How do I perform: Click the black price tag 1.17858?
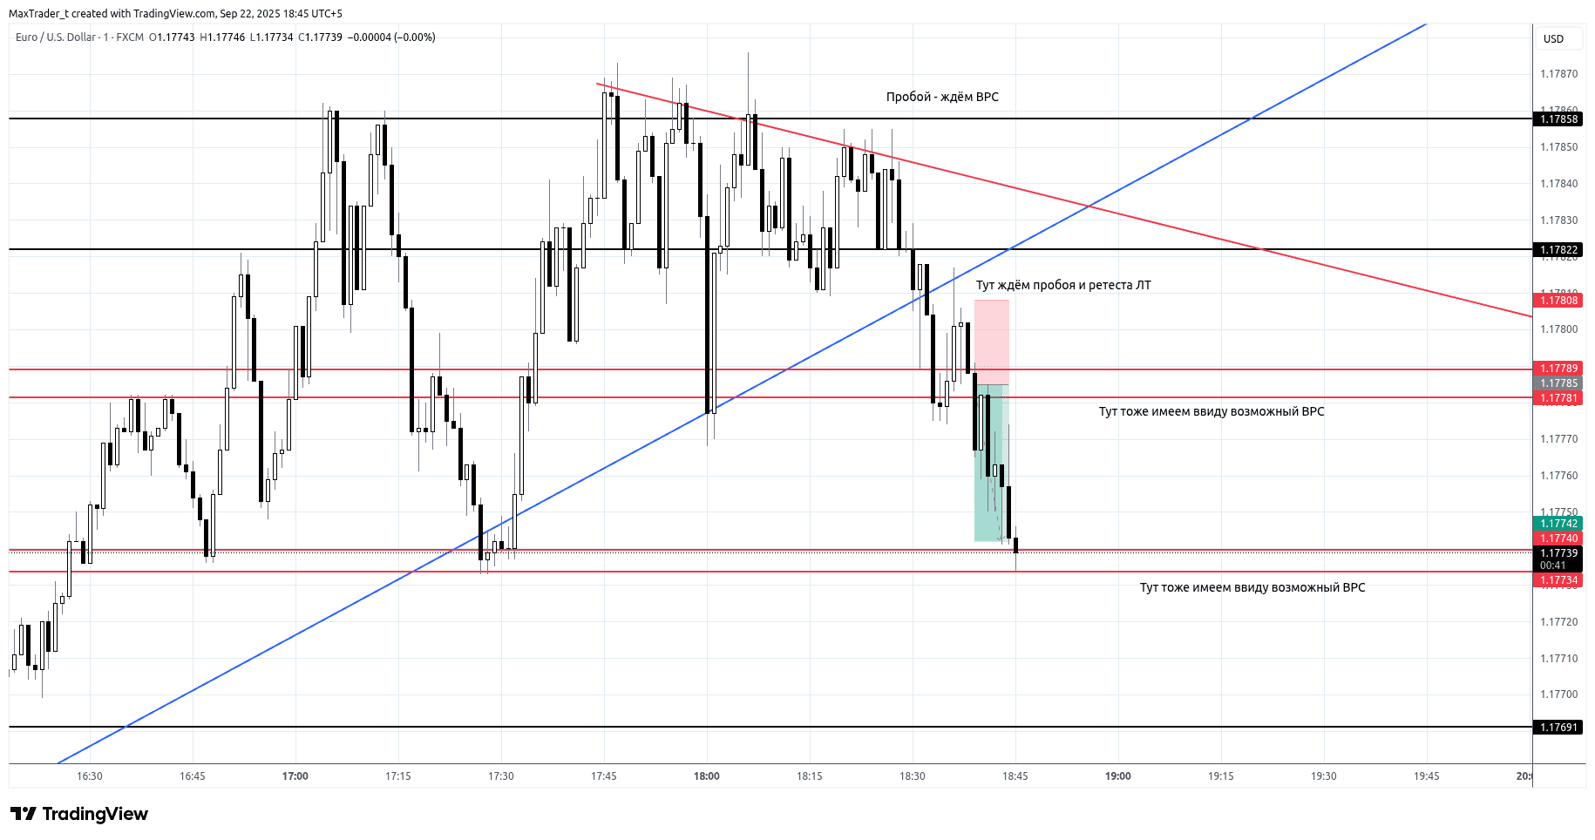tap(1558, 119)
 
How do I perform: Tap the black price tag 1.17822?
tap(1558, 250)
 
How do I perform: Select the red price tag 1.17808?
tap(1558, 301)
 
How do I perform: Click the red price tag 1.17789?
tap(1558, 369)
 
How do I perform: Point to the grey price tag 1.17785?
tap(1558, 383)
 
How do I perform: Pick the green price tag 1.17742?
tap(1558, 524)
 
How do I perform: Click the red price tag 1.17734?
tap(1558, 580)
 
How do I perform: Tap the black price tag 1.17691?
tap(1558, 728)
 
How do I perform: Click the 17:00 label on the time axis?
tap(295, 776)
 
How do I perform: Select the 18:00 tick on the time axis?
tap(707, 776)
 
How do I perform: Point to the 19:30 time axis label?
tap(1324, 776)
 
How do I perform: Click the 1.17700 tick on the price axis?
tap(1558, 694)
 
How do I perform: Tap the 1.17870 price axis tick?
tap(1558, 74)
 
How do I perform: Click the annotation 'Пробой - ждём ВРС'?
tap(942, 97)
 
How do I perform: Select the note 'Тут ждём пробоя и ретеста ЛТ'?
tap(1063, 285)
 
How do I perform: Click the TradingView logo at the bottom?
tap(79, 814)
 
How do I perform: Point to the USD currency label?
tap(1553, 39)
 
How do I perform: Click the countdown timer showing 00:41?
tap(1553, 566)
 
